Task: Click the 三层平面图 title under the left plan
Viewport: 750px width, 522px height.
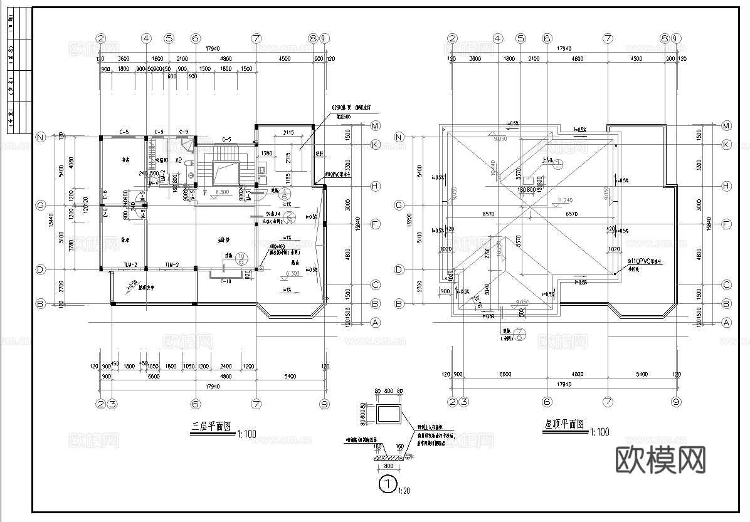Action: [211, 427]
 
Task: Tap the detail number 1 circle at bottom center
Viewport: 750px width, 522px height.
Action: [388, 483]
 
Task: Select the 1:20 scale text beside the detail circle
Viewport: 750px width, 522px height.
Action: [404, 490]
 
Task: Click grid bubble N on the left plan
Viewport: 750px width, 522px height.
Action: [41, 137]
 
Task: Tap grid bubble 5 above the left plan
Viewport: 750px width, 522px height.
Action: [169, 38]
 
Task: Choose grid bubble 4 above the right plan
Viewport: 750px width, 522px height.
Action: [498, 38]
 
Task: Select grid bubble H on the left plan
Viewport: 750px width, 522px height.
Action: [375, 186]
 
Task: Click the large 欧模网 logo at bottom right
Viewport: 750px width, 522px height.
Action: [662, 460]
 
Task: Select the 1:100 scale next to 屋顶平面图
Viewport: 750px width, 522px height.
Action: [599, 432]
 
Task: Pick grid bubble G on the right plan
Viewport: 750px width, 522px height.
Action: [398, 205]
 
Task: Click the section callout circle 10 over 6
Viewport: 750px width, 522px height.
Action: [241, 259]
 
